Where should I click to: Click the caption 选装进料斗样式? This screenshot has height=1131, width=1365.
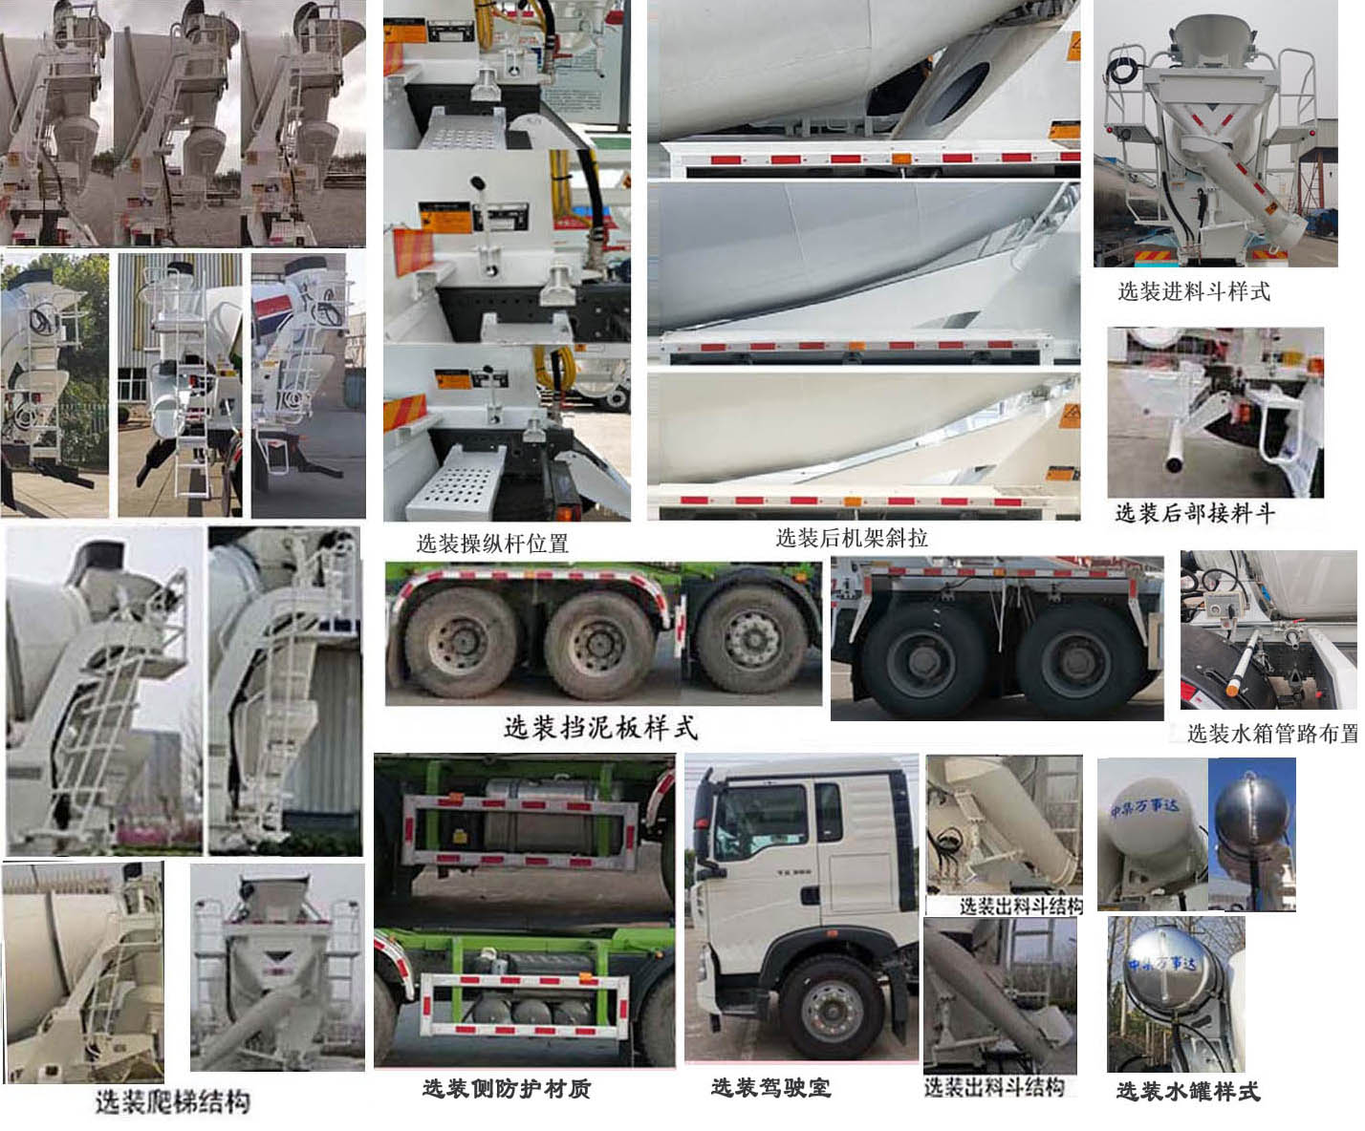(x=1194, y=291)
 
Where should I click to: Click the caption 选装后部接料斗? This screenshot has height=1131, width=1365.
(x=1195, y=513)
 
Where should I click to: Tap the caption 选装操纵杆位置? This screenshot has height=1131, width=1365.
(x=492, y=544)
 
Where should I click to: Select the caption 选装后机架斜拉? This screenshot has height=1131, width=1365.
(x=852, y=538)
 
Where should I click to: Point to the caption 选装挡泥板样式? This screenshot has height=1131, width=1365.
(x=600, y=728)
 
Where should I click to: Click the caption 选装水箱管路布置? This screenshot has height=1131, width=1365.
(x=1271, y=734)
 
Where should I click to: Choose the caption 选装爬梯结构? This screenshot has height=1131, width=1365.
(x=172, y=1101)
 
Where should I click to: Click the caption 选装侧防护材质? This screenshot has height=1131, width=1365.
(x=507, y=1088)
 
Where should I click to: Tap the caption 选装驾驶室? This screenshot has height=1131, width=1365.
(x=770, y=1087)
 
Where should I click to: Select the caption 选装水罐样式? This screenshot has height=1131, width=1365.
(x=1187, y=1091)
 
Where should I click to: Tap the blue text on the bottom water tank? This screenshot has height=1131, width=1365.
(x=1162, y=963)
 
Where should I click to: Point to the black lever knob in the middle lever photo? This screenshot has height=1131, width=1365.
(x=474, y=182)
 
